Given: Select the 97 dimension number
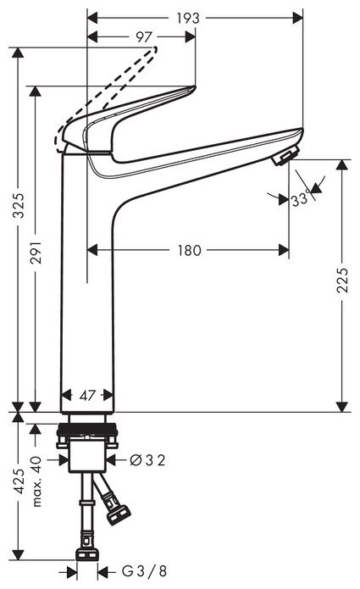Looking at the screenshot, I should point(143,36).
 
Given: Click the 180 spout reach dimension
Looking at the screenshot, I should point(191,250).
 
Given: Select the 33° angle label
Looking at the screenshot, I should point(298,199).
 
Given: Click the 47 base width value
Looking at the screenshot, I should point(87,395).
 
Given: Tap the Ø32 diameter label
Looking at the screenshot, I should point(146,460).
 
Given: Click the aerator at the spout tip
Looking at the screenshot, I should point(285,155).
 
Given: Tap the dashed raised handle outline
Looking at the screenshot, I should point(119,85).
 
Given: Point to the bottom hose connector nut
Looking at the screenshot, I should point(86,555).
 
